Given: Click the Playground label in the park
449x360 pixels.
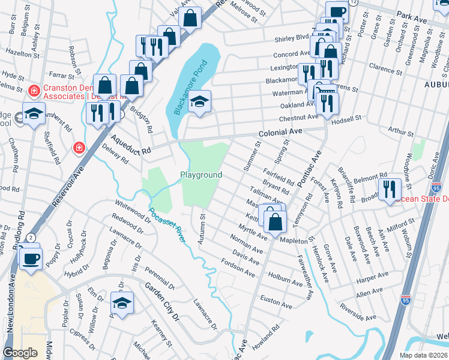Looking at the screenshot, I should [202, 175].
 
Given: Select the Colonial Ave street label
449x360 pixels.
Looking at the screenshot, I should [279, 133].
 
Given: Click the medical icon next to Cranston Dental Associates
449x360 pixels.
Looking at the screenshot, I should [34, 91].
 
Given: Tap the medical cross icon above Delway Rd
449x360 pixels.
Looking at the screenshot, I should [77, 148].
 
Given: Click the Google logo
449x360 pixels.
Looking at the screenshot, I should [20, 352].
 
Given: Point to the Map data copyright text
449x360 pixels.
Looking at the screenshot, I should [423, 355].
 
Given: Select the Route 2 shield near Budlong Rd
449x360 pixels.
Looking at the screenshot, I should [30, 238].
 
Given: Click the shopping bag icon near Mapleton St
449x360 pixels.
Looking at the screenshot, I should [274, 221].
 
